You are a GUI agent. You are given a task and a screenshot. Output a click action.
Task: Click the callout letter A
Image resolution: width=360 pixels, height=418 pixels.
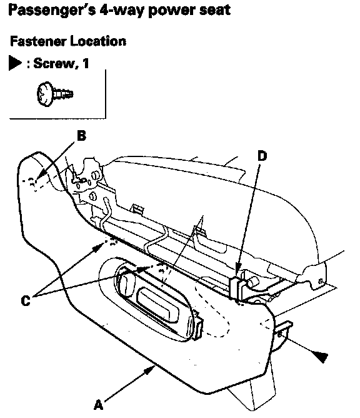[x=98, y=405]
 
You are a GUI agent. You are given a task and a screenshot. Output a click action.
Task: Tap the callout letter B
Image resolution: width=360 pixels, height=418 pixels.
[x=81, y=135]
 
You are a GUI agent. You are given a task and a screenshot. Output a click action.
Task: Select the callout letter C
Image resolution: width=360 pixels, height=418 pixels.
[x=26, y=300]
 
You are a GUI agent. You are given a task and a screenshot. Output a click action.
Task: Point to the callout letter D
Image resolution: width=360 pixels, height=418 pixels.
[x=262, y=156]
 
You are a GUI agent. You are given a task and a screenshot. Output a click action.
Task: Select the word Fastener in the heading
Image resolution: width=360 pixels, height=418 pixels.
[x=38, y=41]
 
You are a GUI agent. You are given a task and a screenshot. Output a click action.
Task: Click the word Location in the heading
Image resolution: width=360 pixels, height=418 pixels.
[x=98, y=41]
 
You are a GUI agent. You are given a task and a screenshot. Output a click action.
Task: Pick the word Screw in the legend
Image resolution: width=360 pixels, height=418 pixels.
[x=54, y=63]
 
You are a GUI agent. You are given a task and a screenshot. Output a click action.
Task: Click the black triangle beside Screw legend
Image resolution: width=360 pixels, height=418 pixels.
[x=14, y=63]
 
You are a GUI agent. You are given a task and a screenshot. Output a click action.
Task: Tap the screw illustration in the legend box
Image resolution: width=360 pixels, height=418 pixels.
[x=54, y=94]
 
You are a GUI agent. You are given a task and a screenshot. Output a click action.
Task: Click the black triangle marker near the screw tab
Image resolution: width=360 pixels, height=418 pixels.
[x=320, y=357]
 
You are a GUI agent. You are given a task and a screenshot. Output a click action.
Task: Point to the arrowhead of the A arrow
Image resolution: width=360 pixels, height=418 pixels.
[x=151, y=370]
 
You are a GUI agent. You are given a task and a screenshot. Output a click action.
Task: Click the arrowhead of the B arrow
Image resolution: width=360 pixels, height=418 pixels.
[x=41, y=176]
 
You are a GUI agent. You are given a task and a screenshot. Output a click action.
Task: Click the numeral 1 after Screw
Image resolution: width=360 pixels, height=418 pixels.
[x=86, y=63]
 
